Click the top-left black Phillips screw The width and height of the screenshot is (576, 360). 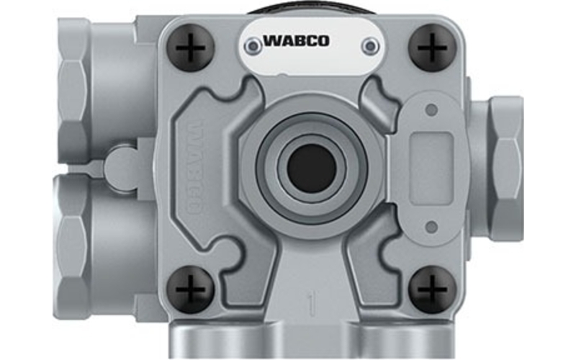pos(190,48)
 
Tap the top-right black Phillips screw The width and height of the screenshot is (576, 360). pos(433,48)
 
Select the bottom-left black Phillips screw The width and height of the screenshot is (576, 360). pos(190,290)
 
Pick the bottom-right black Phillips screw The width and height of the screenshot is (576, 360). pos(433,290)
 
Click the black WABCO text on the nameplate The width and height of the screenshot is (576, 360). pos(296,40)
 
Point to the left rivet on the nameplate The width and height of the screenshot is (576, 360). pos(253,46)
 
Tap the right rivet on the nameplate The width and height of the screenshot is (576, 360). pos(370,46)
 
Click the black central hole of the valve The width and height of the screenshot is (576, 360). pos(312,168)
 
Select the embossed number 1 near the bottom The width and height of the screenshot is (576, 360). pos(312,303)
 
